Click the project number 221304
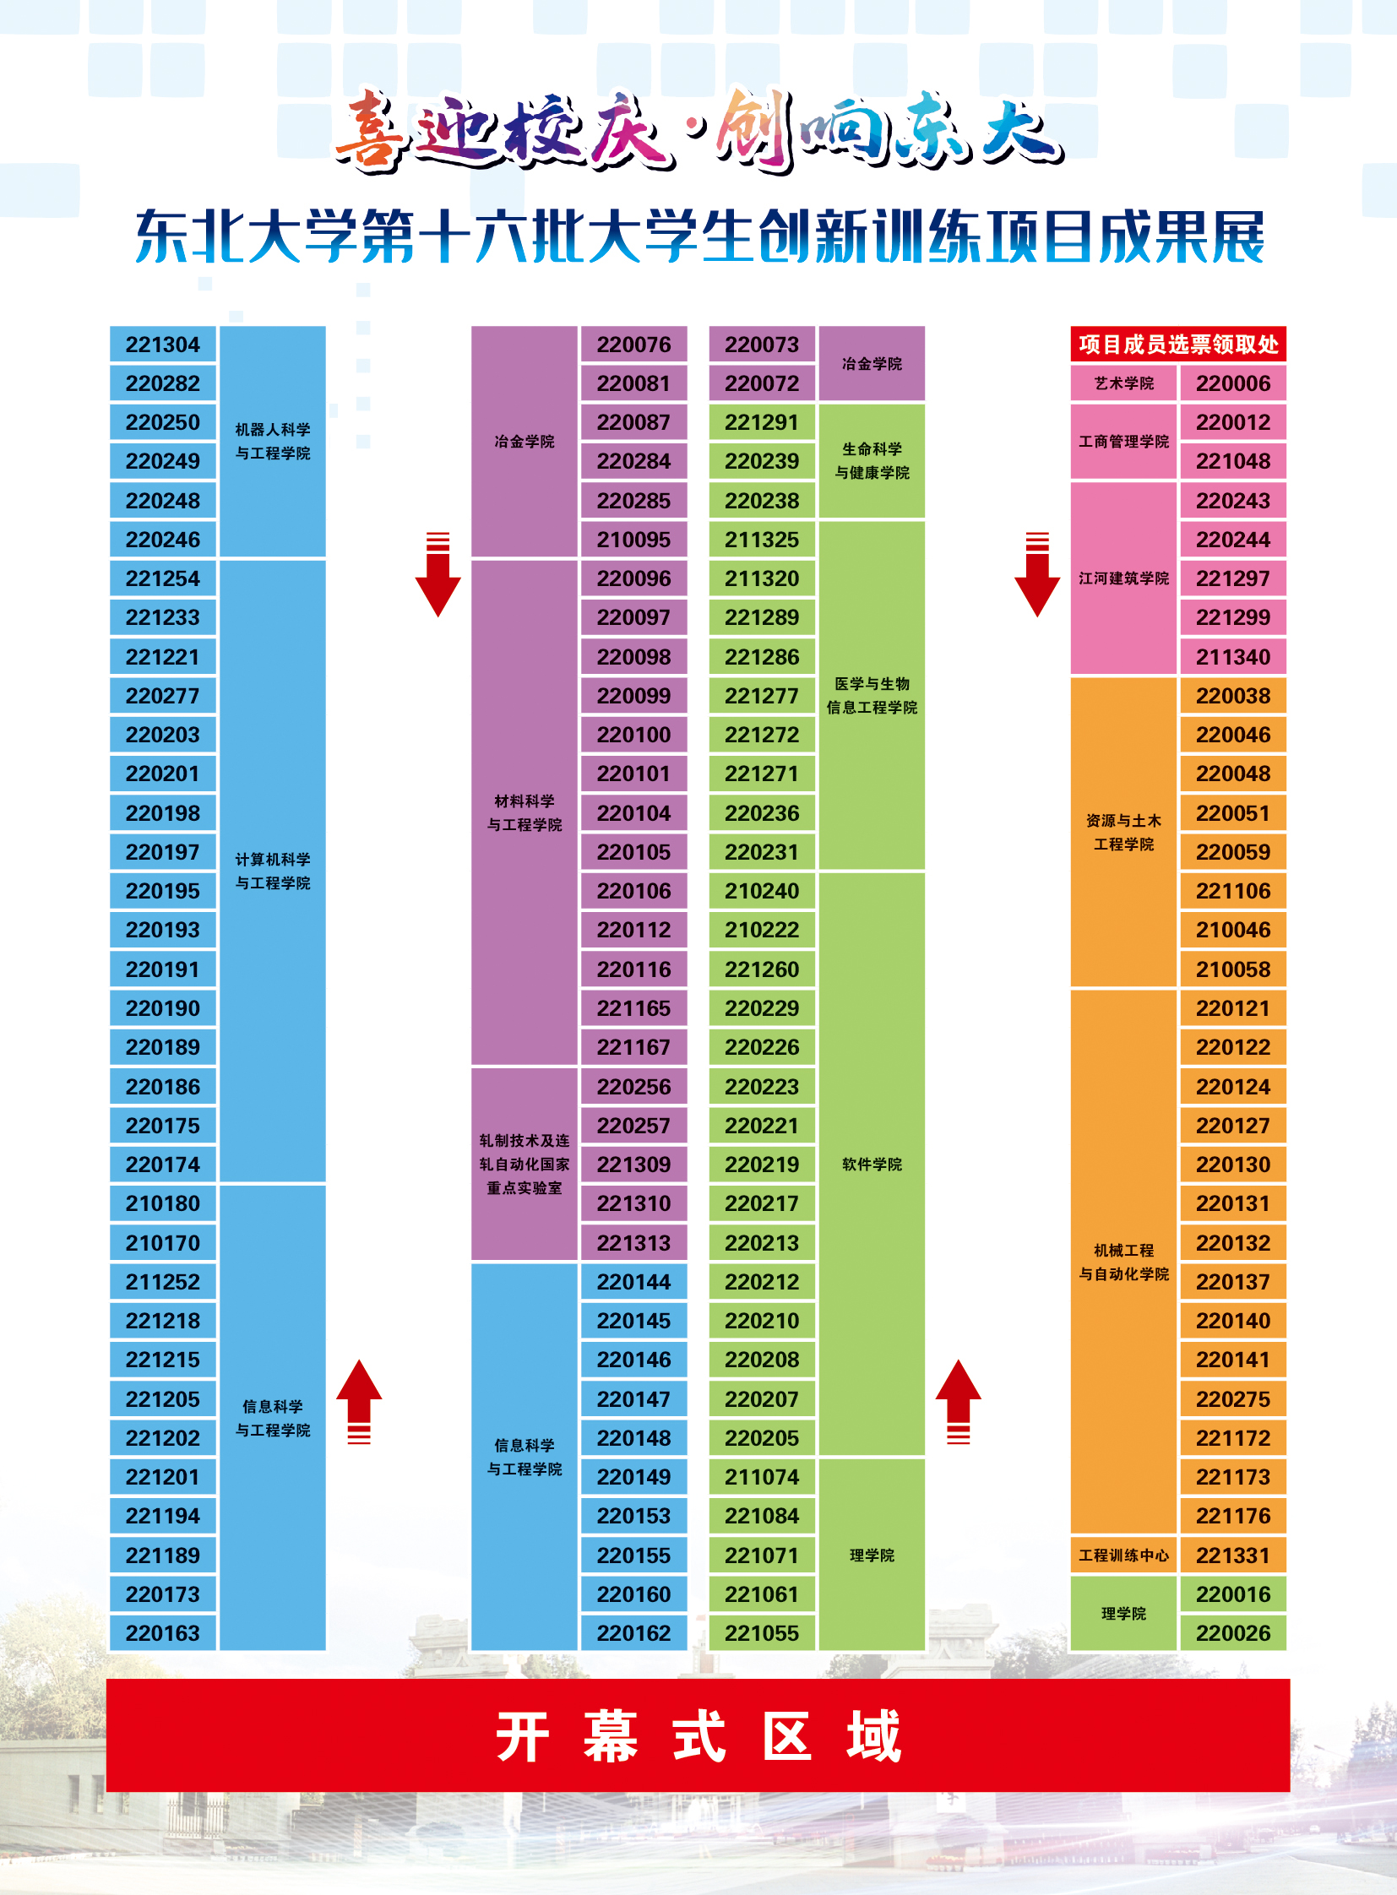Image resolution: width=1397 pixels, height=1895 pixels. tap(162, 345)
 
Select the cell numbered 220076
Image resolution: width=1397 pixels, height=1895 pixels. tap(633, 345)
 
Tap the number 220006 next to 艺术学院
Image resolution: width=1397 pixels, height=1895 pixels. tap(1232, 383)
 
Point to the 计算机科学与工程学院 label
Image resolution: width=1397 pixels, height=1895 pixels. tap(272, 871)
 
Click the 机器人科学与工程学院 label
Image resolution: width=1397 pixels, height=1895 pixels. tap(272, 442)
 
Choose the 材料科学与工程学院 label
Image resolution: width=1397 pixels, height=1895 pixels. tap(525, 812)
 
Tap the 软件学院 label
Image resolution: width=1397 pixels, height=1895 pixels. tap(872, 1165)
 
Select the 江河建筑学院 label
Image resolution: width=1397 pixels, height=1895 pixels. tap(1123, 578)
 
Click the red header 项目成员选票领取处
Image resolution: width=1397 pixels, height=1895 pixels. tap(1178, 345)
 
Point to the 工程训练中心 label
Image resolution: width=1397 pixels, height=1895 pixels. tap(1123, 1555)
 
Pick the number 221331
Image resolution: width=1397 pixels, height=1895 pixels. tap(1232, 1555)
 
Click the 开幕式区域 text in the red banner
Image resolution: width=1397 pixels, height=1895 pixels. tap(698, 1736)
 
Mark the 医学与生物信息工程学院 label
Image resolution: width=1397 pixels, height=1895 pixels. tap(872, 695)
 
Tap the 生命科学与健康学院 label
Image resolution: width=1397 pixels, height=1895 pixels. tap(872, 461)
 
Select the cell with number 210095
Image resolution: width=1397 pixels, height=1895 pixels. tap(633, 540)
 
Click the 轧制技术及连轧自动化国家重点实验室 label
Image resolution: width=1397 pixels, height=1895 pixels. tap(525, 1165)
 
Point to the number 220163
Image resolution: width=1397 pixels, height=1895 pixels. tap(162, 1633)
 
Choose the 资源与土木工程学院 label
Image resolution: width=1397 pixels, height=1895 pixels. tap(1123, 832)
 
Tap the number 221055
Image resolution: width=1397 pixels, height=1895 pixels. tap(761, 1633)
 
